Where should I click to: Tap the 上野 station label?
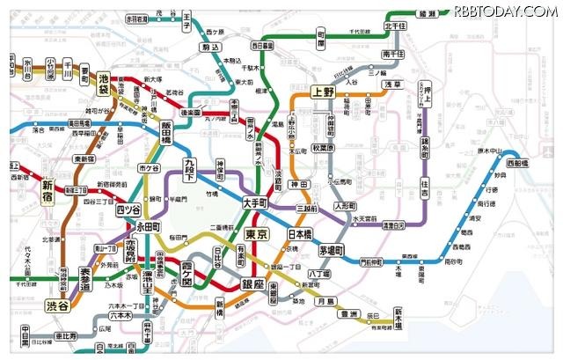[323, 92]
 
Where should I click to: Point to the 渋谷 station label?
[56, 305]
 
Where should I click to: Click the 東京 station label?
[257, 235]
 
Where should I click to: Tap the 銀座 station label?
[253, 283]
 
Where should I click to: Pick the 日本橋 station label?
[300, 234]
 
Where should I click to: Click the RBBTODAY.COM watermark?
[504, 11]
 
